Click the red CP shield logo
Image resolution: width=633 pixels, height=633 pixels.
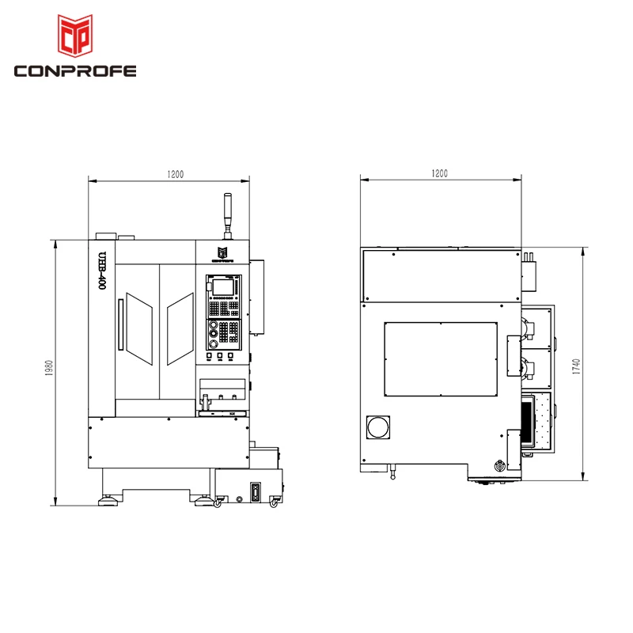click(x=76, y=36)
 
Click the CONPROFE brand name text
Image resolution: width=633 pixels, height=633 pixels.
click(x=76, y=71)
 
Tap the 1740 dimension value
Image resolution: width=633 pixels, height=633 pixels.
click(x=577, y=366)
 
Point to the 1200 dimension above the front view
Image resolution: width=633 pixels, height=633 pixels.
click(x=175, y=174)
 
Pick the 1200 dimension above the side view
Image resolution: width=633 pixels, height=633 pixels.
click(x=440, y=173)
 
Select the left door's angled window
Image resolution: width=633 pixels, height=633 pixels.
click(x=138, y=328)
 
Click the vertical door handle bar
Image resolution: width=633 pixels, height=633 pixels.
click(x=120, y=324)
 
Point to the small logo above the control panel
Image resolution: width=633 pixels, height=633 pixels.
click(x=222, y=252)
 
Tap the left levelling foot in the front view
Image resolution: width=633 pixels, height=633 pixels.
click(x=105, y=501)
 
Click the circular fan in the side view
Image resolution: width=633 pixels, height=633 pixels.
click(x=377, y=427)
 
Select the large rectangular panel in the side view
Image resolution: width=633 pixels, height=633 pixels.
click(x=440, y=358)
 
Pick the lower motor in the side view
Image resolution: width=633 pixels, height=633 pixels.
click(x=529, y=370)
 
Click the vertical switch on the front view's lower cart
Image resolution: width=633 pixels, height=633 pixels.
click(x=255, y=492)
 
